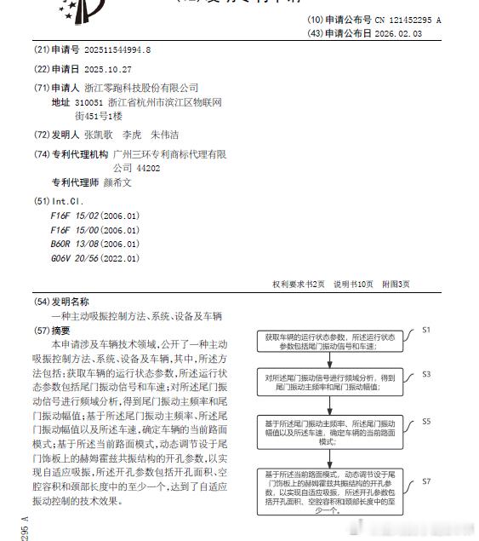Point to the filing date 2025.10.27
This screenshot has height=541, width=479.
(108, 69)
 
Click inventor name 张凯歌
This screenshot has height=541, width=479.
(100, 135)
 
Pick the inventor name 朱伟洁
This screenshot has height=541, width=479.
(165, 135)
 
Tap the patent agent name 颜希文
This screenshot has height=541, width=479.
(120, 181)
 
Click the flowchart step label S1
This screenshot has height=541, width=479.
(427, 329)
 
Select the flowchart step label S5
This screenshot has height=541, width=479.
(427, 421)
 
